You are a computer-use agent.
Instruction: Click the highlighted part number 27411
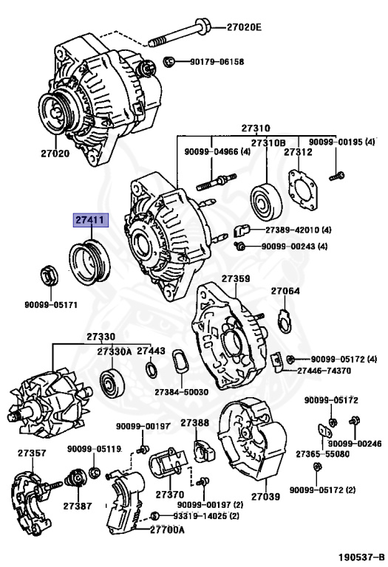(91, 219)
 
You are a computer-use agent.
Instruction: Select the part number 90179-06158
(217, 62)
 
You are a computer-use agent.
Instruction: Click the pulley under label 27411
(89, 262)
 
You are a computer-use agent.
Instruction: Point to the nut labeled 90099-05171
(50, 276)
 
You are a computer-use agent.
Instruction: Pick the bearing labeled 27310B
(266, 202)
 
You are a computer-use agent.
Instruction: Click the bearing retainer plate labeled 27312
(303, 190)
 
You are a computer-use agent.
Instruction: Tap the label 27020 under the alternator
(55, 154)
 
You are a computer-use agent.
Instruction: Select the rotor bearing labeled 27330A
(112, 385)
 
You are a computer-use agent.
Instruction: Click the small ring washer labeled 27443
(152, 370)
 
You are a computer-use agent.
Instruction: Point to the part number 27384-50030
(181, 392)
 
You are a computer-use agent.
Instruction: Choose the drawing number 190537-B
(361, 557)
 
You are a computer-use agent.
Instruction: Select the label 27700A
(167, 530)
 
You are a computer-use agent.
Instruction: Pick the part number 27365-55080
(322, 454)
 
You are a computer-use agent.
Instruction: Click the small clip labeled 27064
(285, 321)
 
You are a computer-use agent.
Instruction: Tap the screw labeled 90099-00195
(336, 176)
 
